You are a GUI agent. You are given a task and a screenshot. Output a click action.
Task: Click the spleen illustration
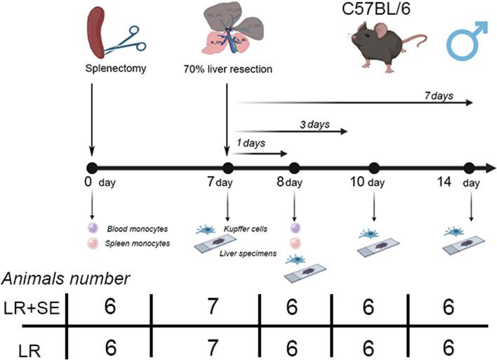point(96,33)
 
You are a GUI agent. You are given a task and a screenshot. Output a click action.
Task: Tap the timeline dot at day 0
point(91,168)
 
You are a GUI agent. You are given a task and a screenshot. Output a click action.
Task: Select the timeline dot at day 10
point(373,168)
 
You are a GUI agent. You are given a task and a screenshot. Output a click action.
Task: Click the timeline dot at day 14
point(470,168)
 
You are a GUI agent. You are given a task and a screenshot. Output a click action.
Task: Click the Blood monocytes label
point(133,228)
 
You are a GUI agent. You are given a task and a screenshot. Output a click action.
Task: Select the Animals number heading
point(65,278)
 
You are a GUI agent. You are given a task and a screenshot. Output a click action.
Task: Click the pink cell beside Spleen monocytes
point(92,243)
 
